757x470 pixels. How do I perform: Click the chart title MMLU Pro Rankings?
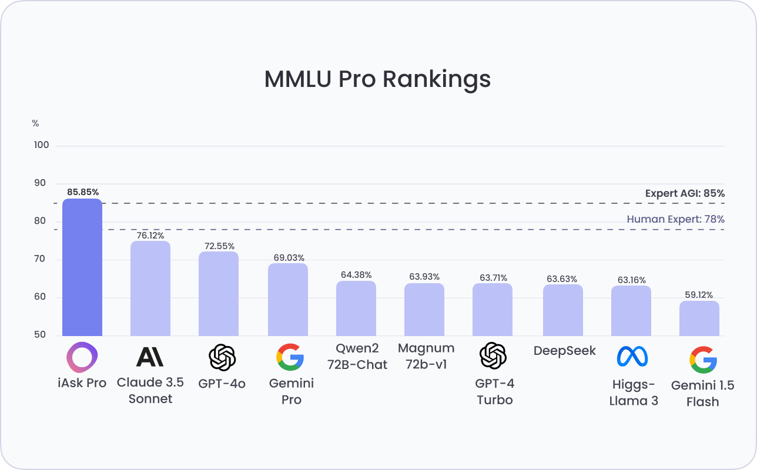377,79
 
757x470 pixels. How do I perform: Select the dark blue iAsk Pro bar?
82,267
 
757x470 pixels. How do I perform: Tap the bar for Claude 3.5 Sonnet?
150,288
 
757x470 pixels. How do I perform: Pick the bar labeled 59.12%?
699,318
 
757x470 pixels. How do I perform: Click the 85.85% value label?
82,192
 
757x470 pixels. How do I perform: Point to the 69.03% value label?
288,257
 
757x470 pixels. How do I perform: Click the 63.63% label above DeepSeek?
562,278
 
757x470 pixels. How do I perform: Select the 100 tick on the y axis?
41,146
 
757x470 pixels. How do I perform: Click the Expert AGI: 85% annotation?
685,193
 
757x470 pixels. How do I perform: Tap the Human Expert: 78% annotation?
675,219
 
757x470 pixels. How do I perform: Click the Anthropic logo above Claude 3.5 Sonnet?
150,357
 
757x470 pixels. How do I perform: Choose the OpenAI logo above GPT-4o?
222,357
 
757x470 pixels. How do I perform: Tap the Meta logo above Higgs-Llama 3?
632,356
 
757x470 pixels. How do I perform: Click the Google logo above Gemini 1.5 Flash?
702,360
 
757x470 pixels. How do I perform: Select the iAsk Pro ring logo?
82,357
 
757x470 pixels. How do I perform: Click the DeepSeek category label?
564,351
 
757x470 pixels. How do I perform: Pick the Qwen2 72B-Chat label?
357,357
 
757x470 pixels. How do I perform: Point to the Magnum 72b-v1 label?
426,356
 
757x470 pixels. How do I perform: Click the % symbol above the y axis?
35,123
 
